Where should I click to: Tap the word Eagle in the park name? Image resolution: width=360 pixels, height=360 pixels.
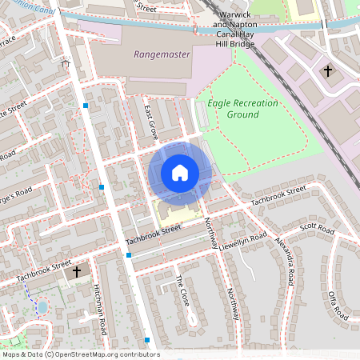221,103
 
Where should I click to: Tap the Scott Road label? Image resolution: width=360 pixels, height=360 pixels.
318,229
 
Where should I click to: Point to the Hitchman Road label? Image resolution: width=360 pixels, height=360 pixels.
101,308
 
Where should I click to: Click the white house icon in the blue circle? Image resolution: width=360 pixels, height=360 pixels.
180,172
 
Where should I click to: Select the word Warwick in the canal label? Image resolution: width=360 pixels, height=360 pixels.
233,14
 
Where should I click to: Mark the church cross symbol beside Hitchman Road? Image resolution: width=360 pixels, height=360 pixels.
77,272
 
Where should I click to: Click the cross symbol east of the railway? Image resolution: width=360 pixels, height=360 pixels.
327,71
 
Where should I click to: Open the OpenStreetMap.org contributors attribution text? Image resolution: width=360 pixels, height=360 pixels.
104,354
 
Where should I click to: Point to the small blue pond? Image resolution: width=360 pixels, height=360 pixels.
42,306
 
